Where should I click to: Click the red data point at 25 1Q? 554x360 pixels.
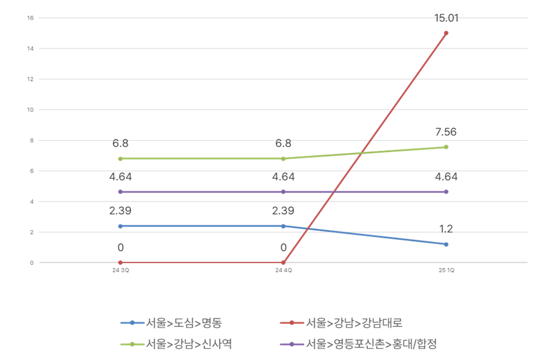click(446, 33)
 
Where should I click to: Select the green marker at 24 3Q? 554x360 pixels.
click(120, 158)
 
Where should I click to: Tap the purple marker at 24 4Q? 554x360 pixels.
click(283, 191)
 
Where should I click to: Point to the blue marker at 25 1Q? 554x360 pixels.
click(446, 244)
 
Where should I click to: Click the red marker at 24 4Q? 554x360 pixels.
click(283, 263)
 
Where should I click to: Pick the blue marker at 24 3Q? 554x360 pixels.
click(120, 226)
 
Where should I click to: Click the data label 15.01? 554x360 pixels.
click(446, 18)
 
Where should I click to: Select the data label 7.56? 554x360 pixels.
click(446, 132)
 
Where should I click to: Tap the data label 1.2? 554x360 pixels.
click(446, 229)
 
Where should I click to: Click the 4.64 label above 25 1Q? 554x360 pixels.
click(446, 177)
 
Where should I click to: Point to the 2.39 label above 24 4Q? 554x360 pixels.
click(283, 211)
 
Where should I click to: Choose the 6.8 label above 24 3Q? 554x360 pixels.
click(120, 144)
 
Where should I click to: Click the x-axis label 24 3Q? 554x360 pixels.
click(120, 271)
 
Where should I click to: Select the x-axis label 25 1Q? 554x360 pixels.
click(446, 271)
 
